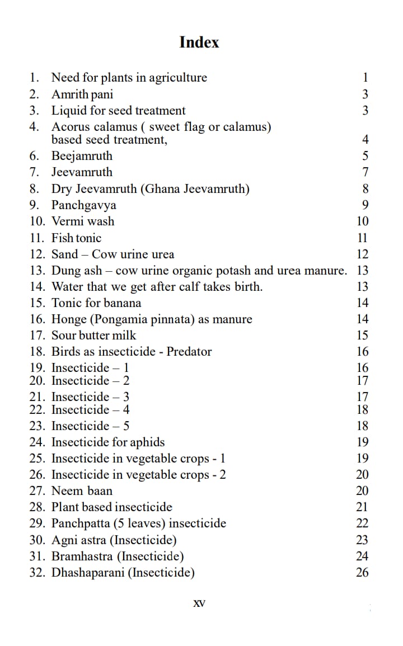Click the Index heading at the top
tap(199, 43)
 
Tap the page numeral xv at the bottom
tap(199, 603)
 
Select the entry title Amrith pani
tap(82, 94)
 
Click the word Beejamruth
tap(82, 155)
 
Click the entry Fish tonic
tap(77, 238)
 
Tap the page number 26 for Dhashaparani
tap(362, 572)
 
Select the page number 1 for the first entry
tap(365, 78)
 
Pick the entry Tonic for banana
tap(96, 303)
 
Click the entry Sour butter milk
tap(93, 336)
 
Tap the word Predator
tap(189, 351)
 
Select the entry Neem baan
tap(82, 491)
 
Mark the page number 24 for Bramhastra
tap(362, 556)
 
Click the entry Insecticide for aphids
tap(108, 442)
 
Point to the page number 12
tap(362, 254)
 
